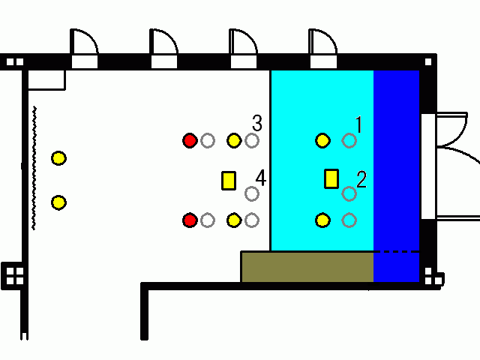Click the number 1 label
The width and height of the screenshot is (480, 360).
click(359, 124)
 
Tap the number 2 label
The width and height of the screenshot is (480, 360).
click(361, 179)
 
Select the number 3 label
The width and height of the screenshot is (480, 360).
click(257, 123)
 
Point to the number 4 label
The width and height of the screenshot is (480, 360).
click(261, 178)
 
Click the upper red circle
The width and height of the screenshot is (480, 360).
click(190, 140)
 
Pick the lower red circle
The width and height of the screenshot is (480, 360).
click(190, 220)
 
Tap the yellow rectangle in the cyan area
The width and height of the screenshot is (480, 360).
click(331, 178)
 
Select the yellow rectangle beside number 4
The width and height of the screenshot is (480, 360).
click(229, 181)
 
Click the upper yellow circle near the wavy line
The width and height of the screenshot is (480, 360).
click(58, 158)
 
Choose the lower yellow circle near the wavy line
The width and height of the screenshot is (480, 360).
click(58, 202)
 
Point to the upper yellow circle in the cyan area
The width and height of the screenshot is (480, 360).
click(322, 140)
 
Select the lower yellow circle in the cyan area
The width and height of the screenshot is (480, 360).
click(322, 220)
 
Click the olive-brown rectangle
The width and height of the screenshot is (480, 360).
click(307, 267)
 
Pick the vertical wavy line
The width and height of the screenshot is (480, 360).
click(34, 168)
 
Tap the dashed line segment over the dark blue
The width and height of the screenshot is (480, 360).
click(397, 252)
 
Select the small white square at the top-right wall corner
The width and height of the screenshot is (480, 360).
click(428, 62)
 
